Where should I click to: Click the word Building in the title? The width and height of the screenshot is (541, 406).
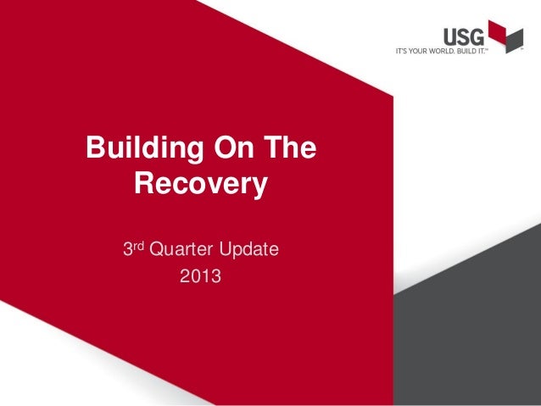point(139,150)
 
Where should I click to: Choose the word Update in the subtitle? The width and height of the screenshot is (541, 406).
point(248,251)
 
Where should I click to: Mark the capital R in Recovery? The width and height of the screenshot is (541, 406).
point(147,183)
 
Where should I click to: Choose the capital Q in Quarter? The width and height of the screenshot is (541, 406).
point(155,251)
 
